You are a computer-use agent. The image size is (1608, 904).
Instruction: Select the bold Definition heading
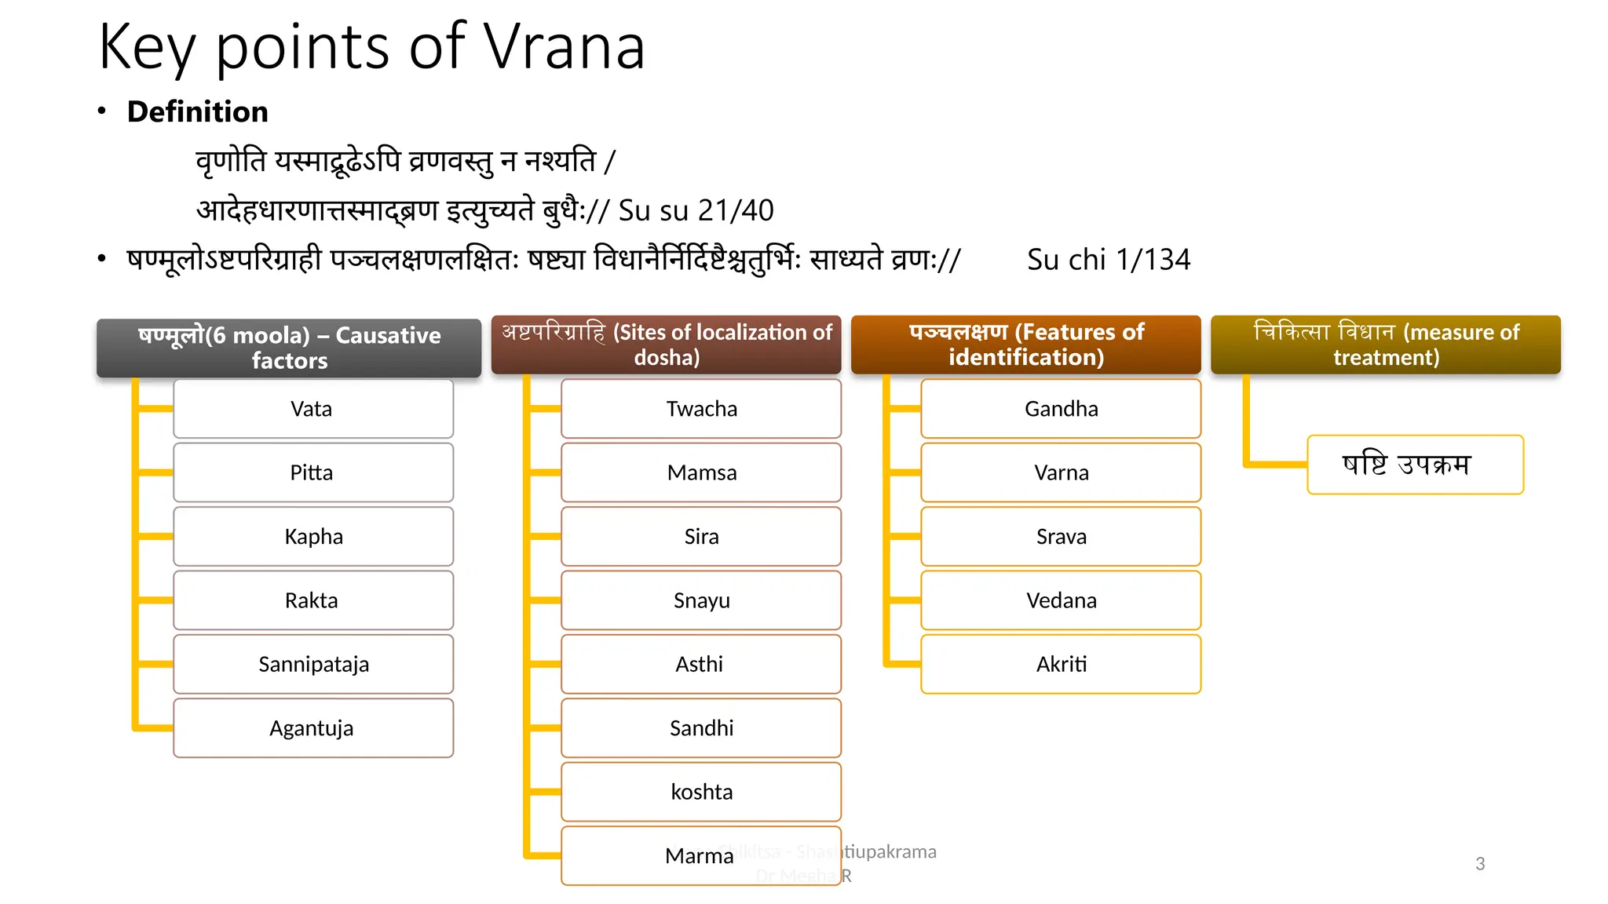point(197,111)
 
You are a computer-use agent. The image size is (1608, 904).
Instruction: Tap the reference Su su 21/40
point(696,210)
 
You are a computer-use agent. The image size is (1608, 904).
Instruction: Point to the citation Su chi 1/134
point(1108,260)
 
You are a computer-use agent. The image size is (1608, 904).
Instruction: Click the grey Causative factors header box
point(289,348)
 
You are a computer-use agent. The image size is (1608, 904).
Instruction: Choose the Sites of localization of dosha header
point(666,344)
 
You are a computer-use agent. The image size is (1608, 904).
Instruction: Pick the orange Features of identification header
point(1025,344)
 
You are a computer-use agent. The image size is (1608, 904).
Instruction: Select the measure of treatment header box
point(1385,344)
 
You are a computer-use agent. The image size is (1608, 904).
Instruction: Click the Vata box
point(312,409)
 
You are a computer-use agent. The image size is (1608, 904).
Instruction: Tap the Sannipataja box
point(312,664)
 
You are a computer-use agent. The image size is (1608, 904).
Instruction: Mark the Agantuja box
point(312,728)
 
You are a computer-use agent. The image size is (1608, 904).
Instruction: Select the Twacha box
point(701,409)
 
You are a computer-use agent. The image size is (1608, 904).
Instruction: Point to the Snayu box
point(701,600)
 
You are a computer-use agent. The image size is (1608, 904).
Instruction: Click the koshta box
point(701,792)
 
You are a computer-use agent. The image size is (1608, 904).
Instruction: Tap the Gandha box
point(1061,409)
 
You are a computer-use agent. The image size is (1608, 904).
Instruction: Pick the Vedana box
point(1061,600)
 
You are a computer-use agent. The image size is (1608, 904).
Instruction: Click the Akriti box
point(1061,664)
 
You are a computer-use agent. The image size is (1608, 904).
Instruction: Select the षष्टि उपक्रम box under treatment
point(1415,465)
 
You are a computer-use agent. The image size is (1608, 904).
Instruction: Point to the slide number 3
point(1480,864)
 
